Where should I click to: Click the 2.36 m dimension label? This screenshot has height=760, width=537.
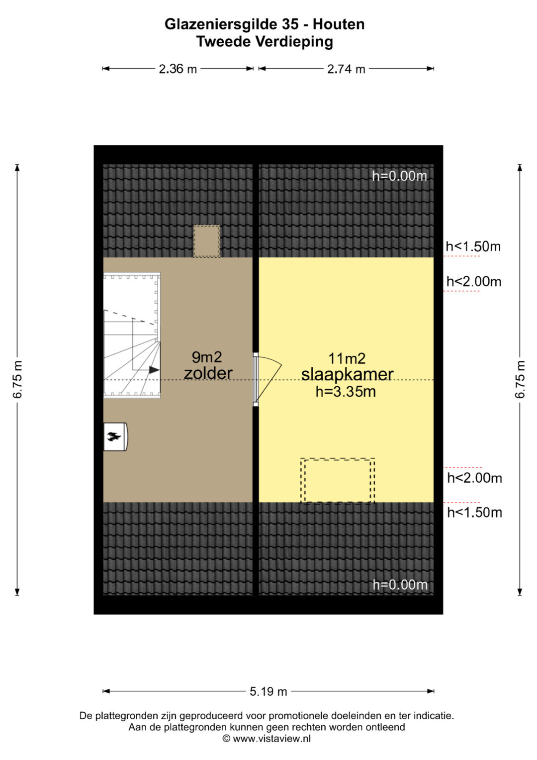pyautogui.click(x=178, y=69)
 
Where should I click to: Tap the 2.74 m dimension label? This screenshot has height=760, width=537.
pyautogui.click(x=346, y=69)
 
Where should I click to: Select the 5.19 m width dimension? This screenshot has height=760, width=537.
pyautogui.click(x=268, y=691)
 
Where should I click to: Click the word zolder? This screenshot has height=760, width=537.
pyautogui.click(x=208, y=373)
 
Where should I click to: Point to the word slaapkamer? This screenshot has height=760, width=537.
pyautogui.click(x=347, y=375)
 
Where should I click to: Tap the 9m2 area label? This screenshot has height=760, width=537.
pyautogui.click(x=207, y=357)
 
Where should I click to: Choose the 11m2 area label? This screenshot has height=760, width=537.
pyautogui.click(x=347, y=358)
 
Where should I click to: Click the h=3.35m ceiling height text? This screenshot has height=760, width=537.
pyautogui.click(x=346, y=392)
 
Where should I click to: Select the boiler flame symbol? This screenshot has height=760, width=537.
pyautogui.click(x=114, y=436)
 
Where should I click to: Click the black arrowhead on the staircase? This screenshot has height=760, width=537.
pyautogui.click(x=154, y=370)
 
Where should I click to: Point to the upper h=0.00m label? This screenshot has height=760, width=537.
pyautogui.click(x=399, y=176)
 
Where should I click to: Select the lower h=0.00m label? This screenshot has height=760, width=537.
pyautogui.click(x=400, y=585)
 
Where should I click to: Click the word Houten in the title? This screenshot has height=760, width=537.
pyautogui.click(x=338, y=24)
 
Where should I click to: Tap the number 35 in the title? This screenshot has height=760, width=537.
pyautogui.click(x=289, y=24)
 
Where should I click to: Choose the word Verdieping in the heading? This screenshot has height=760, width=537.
pyautogui.click(x=294, y=42)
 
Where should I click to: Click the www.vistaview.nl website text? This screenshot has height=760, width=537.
pyautogui.click(x=271, y=738)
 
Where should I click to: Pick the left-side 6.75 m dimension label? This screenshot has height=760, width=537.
pyautogui.click(x=17, y=379)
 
